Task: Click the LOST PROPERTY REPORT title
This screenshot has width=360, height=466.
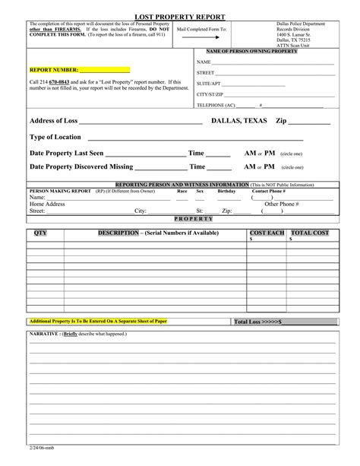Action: [179, 15]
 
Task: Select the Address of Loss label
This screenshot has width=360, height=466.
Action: [53, 121]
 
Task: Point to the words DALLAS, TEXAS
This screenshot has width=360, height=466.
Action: [238, 121]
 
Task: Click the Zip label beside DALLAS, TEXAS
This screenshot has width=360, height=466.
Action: [281, 121]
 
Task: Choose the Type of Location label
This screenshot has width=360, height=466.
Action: [55, 137]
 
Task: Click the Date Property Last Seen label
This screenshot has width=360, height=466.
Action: [66, 152]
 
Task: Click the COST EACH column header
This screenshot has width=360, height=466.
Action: [267, 231]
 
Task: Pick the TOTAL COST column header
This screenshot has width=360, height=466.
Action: [310, 231]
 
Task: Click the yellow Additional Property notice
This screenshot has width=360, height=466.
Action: [97, 321]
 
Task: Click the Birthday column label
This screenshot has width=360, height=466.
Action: [226, 191]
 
